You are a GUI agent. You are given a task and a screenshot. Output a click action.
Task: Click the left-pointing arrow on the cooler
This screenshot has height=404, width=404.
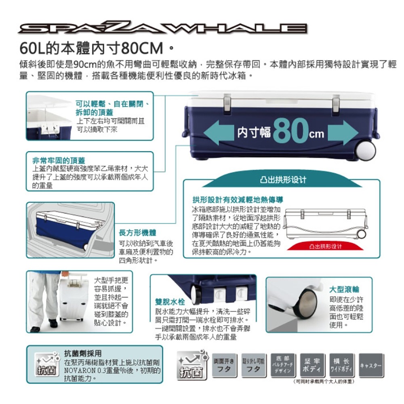(218, 133)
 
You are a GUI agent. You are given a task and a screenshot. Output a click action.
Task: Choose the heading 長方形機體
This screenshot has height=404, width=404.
(137, 233)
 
